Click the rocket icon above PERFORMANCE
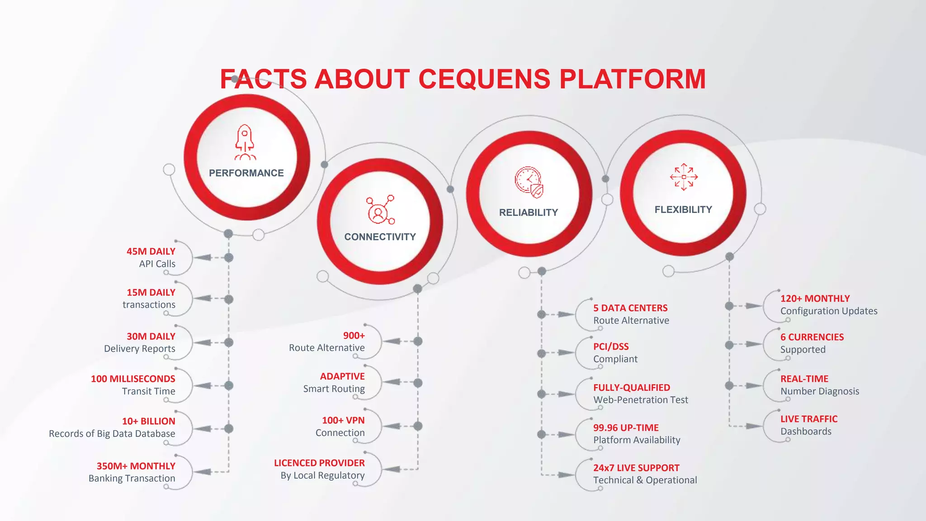click(x=245, y=142)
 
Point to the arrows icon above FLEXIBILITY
click(x=684, y=177)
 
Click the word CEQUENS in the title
click(x=484, y=79)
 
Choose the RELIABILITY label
click(x=529, y=213)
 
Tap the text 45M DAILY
click(x=151, y=251)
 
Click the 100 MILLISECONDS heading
click(x=133, y=379)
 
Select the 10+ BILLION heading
click(x=148, y=422)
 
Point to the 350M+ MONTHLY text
click(x=136, y=466)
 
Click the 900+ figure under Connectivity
click(x=354, y=336)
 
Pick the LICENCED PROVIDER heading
click(x=319, y=463)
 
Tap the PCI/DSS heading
click(x=611, y=347)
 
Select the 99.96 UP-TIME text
click(x=626, y=428)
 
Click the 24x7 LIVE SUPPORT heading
click(x=636, y=468)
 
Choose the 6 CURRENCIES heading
click(x=812, y=337)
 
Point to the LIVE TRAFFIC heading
click(x=809, y=419)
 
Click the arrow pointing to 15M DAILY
click(x=203, y=298)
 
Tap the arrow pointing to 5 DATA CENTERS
click(x=565, y=314)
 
